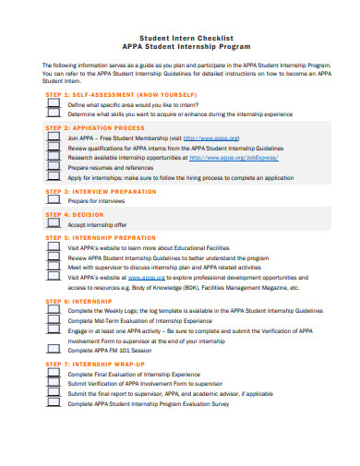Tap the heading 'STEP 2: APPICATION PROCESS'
(94, 127)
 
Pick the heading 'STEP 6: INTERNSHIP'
(79, 301)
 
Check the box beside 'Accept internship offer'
(53, 223)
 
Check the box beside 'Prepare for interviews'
(53, 198)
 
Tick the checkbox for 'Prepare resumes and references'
(53, 166)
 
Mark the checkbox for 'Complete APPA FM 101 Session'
(53, 350)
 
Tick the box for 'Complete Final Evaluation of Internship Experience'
(53, 374)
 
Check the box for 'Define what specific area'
(53, 105)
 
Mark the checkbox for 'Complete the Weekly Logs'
(53, 310)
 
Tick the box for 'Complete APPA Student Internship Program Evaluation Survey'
(53, 403)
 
